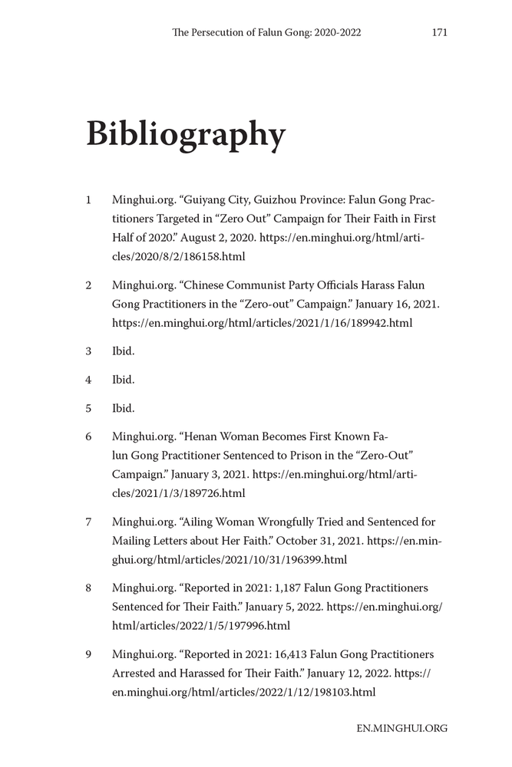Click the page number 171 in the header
[x=440, y=32]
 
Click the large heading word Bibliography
[x=186, y=134]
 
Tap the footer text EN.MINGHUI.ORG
[x=401, y=728]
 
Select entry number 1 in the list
[x=88, y=200]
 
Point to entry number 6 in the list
[x=88, y=436]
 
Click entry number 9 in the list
[x=88, y=654]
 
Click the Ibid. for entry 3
[x=123, y=351]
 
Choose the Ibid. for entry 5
[x=123, y=408]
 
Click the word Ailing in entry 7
[x=201, y=522]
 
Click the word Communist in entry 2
[x=258, y=285]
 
